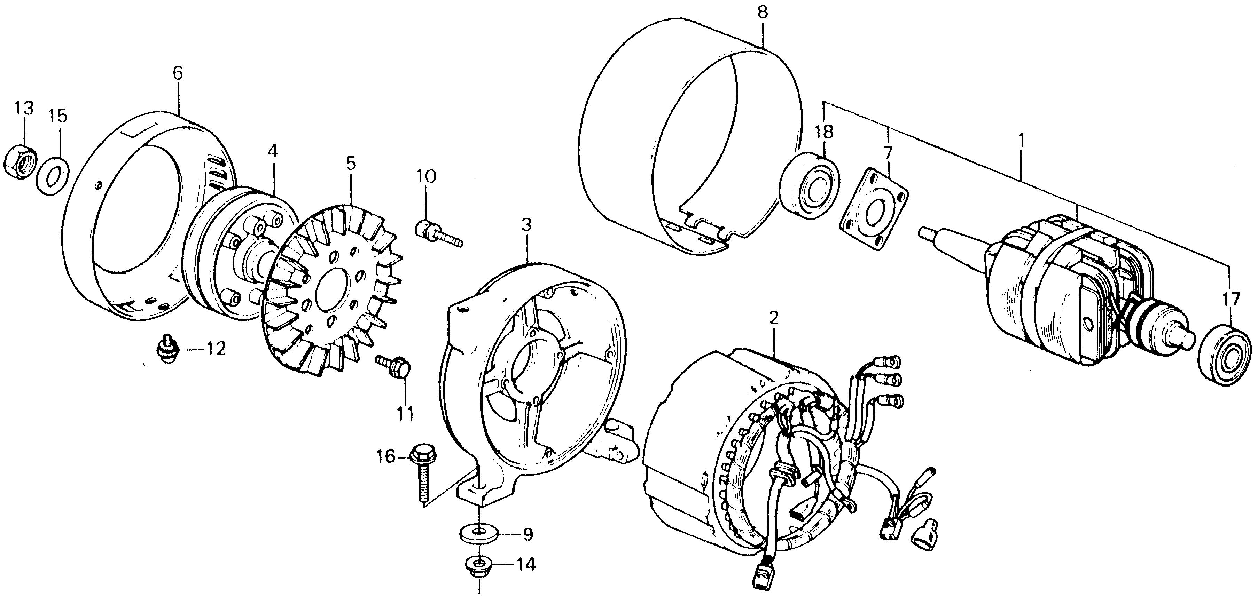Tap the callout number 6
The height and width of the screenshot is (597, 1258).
coord(177,74)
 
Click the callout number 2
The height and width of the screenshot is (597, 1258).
coord(773,319)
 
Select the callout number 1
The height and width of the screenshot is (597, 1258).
coord(1020,142)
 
